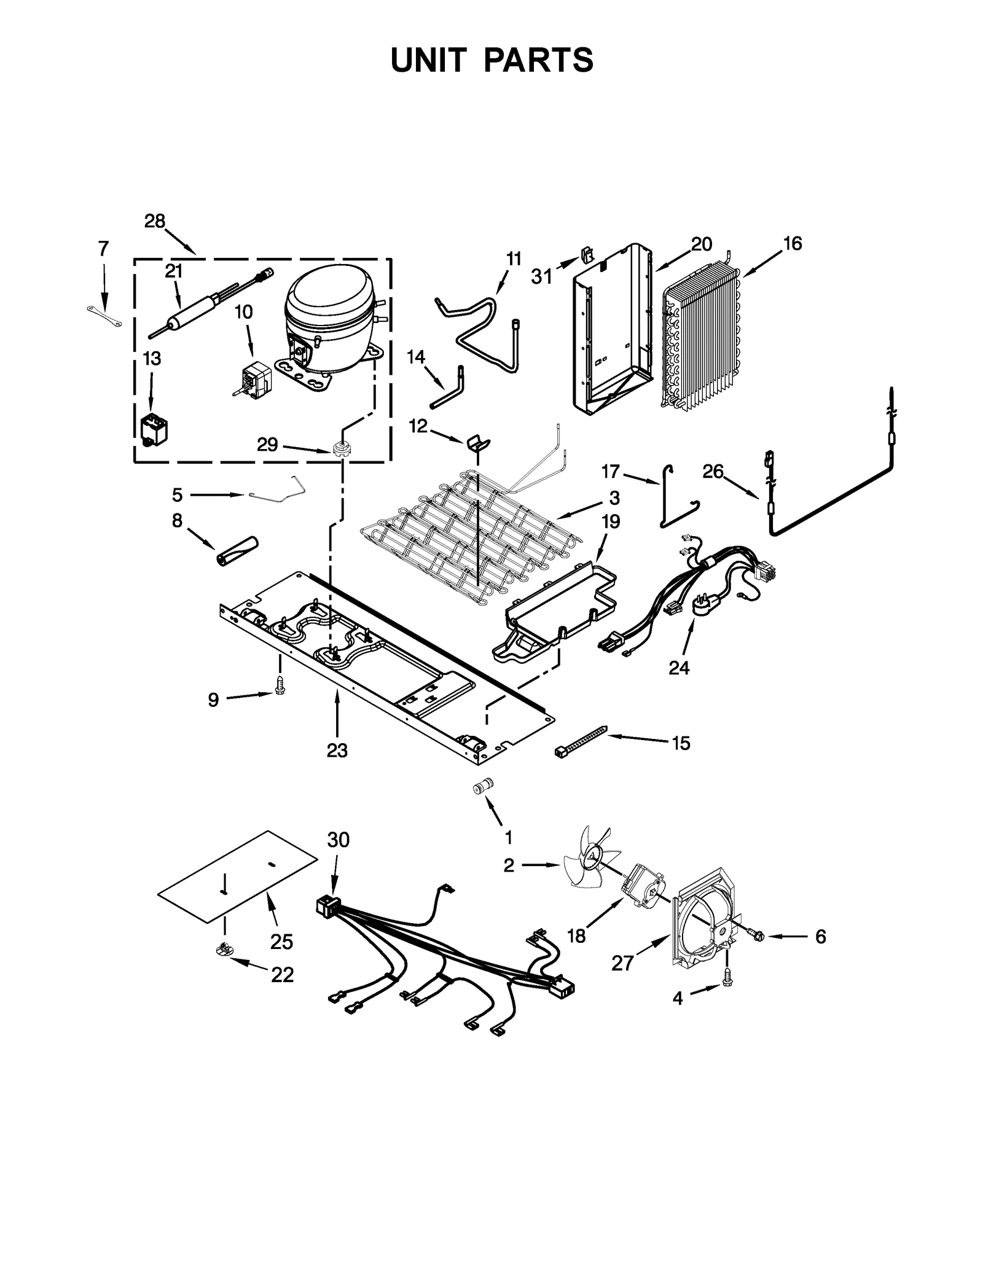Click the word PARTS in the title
pyautogui.click(x=538, y=60)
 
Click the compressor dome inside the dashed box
pyautogui.click(x=329, y=301)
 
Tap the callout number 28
pyautogui.click(x=155, y=221)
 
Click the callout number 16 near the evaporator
pyautogui.click(x=793, y=244)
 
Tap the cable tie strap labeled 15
pyautogui.click(x=581, y=739)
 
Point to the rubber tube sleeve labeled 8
pyautogui.click(x=237, y=551)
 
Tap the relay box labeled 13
pyautogui.click(x=153, y=427)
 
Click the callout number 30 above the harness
pyautogui.click(x=338, y=840)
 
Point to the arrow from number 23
pyautogui.click(x=337, y=712)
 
